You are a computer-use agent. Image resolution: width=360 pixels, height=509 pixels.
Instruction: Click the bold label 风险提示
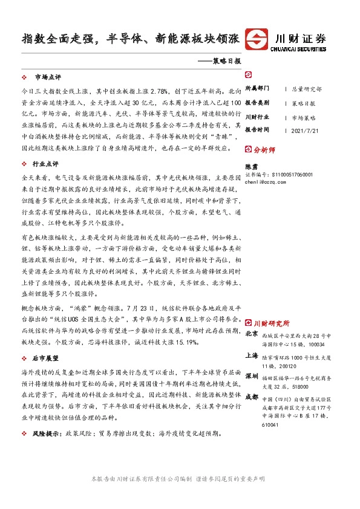click(50, 433)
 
